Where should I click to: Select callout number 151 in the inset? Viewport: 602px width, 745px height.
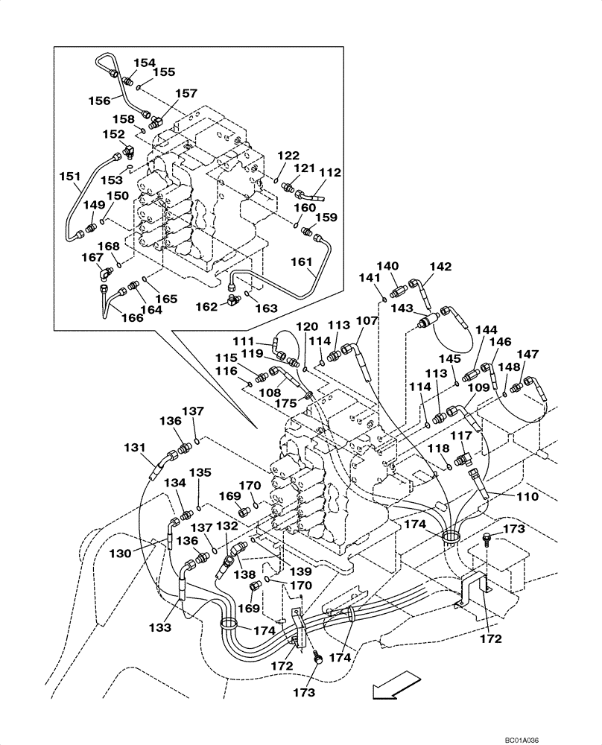pos(69,176)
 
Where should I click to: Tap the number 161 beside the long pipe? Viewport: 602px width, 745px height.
pos(302,261)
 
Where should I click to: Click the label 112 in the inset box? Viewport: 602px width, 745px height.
pos(330,172)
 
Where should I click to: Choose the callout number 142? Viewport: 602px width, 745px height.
pos(440,267)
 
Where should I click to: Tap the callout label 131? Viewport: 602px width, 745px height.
pos(136,448)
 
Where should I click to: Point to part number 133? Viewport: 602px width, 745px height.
pos(159,627)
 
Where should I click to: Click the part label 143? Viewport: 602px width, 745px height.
pos(402,308)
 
